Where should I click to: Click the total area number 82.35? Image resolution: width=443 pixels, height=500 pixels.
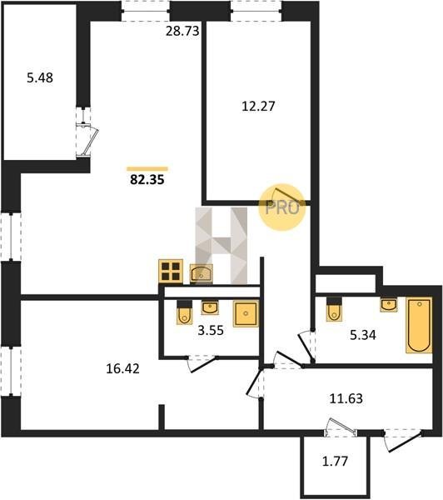147,179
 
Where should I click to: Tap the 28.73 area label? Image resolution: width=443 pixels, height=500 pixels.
182,31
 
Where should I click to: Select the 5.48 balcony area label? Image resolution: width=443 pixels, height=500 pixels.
40,77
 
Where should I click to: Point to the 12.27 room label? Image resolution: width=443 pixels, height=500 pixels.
258,106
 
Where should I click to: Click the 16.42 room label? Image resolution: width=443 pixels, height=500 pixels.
122,368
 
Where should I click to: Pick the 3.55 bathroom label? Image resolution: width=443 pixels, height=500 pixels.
211,330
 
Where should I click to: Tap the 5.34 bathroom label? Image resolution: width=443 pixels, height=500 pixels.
363,335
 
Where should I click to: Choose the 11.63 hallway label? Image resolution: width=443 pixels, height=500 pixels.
346,398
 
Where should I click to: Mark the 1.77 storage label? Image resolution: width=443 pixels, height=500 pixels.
336,461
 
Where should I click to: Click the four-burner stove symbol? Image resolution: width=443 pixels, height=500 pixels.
171,272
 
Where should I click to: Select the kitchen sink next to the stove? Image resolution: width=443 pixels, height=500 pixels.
202,273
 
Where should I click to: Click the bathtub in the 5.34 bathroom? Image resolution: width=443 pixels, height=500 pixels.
419,325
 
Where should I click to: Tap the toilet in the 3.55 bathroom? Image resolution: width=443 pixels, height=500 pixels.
185,312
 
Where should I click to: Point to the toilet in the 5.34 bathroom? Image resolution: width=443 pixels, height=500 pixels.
334,309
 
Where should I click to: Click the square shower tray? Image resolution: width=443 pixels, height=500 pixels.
246,314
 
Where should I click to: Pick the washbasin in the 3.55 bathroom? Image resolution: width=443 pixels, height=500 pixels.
210,307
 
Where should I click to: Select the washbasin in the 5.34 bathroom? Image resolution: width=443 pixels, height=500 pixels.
389,304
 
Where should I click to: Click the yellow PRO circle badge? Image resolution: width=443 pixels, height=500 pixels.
281,207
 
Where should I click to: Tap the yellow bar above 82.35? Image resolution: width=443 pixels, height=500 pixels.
147,169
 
